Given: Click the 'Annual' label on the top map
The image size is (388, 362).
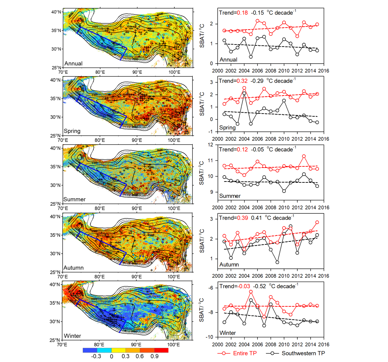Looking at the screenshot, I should (x=74, y=64).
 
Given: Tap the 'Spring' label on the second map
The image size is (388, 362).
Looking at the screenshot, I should (x=72, y=131).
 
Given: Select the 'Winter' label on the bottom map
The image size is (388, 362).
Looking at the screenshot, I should (x=73, y=336).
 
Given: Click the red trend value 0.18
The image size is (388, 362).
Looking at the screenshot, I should (x=242, y=13).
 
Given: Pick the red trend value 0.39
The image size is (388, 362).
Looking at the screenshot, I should (x=242, y=218).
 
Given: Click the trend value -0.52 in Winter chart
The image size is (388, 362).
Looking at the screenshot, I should (x=259, y=287).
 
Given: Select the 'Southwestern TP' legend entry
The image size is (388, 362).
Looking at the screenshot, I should (x=303, y=353).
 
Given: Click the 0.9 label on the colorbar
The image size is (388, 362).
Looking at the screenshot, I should (x=154, y=356).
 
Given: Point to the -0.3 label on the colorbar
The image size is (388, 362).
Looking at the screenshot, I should (x=96, y=356).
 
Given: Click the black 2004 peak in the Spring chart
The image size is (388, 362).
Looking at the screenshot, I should (x=244, y=93).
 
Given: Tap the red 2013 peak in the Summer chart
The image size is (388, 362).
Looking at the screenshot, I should (x=304, y=156).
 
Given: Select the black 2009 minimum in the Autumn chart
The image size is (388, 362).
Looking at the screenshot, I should (x=277, y=262).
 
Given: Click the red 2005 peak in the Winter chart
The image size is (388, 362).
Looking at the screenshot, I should (x=251, y=292).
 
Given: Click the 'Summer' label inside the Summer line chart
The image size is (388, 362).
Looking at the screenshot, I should (x=230, y=196).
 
